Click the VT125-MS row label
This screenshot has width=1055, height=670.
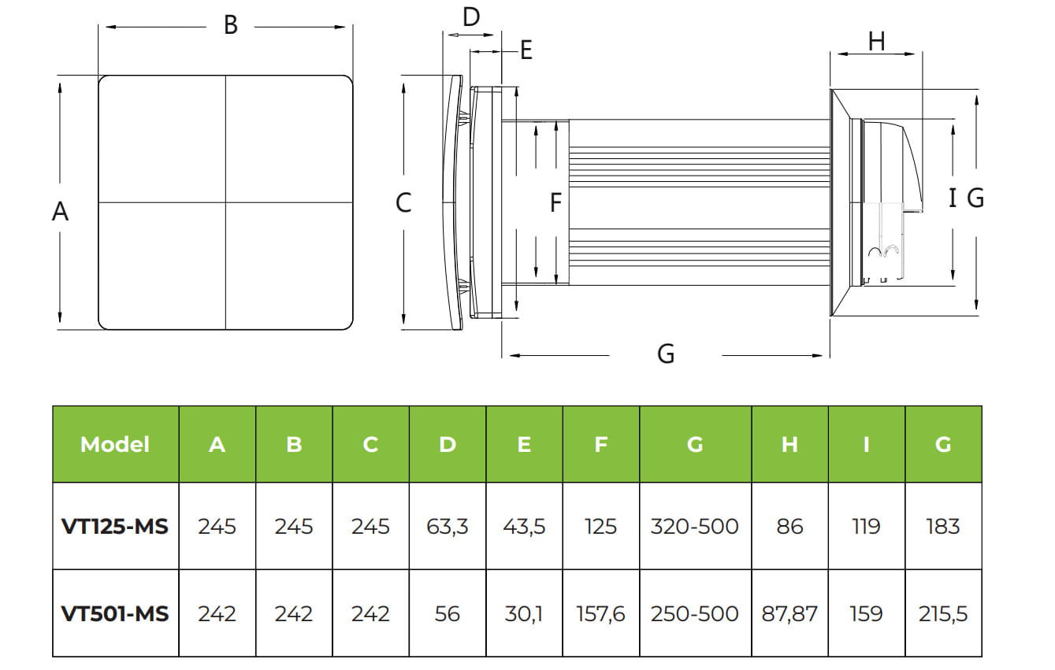coord(115,526)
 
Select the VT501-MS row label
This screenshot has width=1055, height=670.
coord(115,613)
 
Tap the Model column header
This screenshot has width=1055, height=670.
coord(115,444)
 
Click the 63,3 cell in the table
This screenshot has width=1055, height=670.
coord(448,526)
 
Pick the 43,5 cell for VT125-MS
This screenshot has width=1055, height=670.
coord(524,526)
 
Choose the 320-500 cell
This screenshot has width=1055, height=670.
coord(695,526)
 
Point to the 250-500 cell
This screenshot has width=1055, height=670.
coord(695,613)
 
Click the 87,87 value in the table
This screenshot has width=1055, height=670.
coord(789,613)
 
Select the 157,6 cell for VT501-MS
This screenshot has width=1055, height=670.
coord(601,613)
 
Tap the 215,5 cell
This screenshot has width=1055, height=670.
coord(943,613)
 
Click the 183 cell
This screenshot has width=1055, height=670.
coord(943,526)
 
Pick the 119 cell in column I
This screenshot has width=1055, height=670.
coord(867,526)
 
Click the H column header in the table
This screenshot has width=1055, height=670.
coord(789,444)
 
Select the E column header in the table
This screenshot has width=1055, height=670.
coord(524,444)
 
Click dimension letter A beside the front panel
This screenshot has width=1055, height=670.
coord(60,211)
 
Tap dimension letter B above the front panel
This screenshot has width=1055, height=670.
coord(230,25)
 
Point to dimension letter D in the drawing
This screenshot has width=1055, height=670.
coord(471,17)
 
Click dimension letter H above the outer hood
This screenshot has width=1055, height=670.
coord(876,41)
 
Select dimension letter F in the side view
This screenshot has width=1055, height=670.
coord(555,202)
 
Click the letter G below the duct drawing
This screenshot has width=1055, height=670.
coord(666,354)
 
